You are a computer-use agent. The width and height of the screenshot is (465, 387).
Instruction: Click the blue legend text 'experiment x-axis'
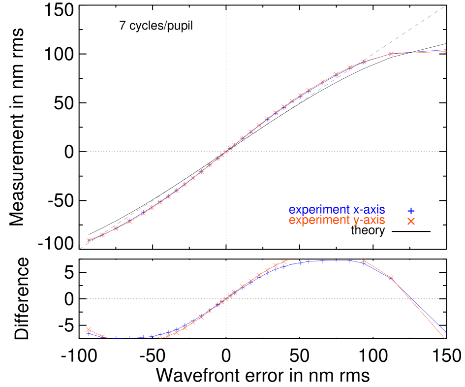[x=337, y=210]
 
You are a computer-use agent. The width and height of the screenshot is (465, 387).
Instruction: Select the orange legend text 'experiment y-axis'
[x=337, y=221]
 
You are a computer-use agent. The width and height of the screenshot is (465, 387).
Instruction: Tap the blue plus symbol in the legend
[x=411, y=211]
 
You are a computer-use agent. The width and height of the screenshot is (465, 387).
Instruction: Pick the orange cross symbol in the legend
[x=411, y=222]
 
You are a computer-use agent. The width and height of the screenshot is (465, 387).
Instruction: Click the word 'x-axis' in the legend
[x=369, y=210]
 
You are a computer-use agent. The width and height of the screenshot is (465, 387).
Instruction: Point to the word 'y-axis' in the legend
[x=369, y=221]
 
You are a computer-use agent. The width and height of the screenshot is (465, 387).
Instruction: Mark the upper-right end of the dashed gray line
[x=445, y=6]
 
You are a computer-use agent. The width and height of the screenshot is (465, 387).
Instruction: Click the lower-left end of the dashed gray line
[x=80, y=249]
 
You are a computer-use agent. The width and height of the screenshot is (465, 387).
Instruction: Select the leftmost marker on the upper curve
[x=89, y=240]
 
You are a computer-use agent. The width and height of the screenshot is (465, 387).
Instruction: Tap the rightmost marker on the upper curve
[x=445, y=51]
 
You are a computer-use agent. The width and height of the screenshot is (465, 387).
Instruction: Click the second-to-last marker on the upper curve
[x=391, y=53]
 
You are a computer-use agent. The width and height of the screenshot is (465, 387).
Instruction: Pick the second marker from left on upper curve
[x=102, y=235]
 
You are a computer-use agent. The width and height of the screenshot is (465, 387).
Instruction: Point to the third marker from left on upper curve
[x=116, y=228]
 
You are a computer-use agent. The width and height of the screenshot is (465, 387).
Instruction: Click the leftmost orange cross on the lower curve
[x=89, y=329]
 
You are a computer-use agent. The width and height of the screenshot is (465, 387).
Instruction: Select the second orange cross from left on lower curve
[x=102, y=337]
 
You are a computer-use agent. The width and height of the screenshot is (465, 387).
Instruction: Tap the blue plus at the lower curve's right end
[x=445, y=332]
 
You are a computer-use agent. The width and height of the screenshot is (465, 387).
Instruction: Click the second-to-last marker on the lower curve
[x=391, y=278]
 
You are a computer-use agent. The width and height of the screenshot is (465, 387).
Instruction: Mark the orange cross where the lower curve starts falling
[x=364, y=261]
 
